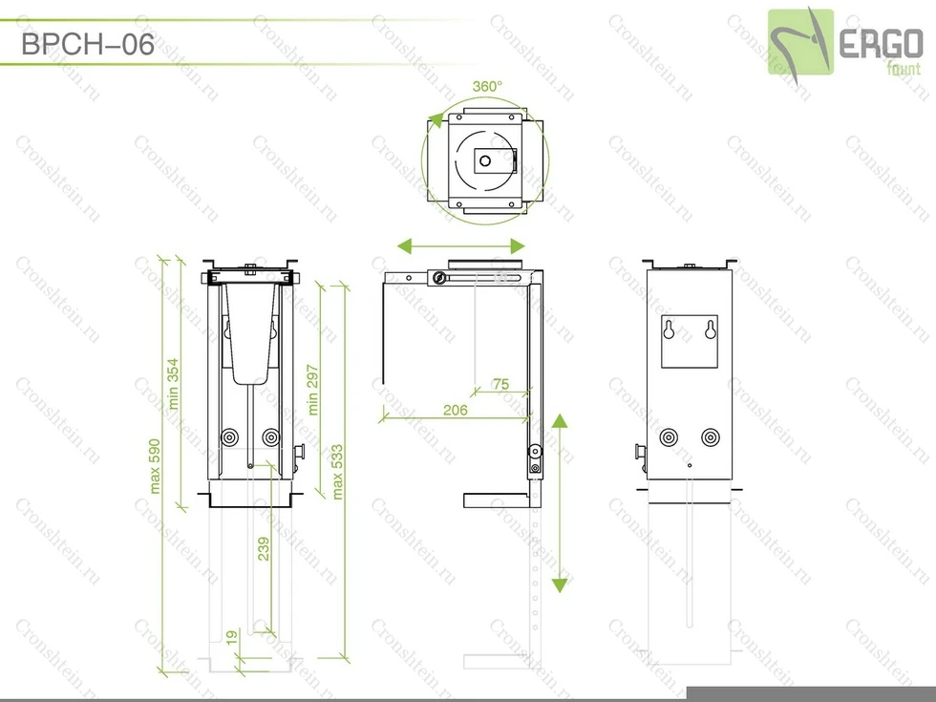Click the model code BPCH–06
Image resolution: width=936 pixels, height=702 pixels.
[87, 45]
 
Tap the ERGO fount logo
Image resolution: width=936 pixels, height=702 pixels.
[846, 42]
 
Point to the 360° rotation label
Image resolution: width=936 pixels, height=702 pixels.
[487, 86]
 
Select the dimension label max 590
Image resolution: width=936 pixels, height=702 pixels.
[154, 466]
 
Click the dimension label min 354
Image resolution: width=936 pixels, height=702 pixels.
[174, 383]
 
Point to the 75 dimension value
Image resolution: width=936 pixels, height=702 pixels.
[500, 384]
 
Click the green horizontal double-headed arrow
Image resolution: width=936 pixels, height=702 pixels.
[461, 246]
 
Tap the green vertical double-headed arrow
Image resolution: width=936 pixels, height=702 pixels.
[560, 503]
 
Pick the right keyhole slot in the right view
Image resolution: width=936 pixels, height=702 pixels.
[710, 330]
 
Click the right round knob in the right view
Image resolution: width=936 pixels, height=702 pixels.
[710, 437]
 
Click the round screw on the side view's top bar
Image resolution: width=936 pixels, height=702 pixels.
[438, 278]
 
